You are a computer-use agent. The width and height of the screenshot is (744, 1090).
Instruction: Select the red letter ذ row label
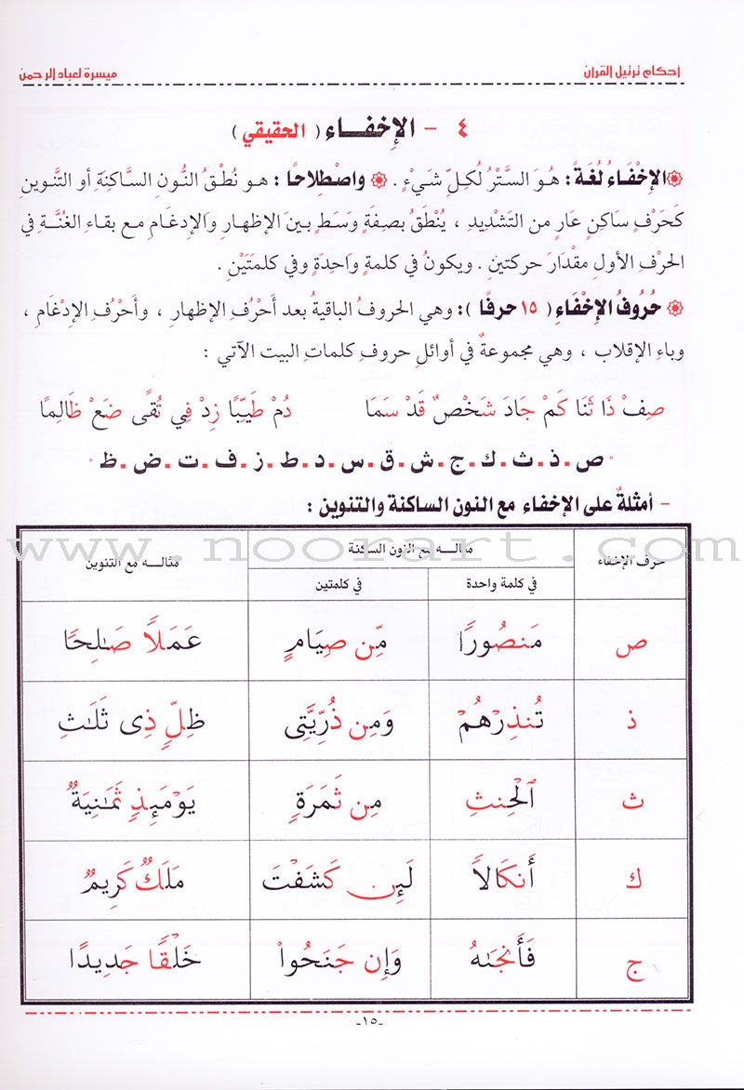[x=631, y=722]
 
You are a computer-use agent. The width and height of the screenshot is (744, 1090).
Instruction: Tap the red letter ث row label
[x=631, y=801]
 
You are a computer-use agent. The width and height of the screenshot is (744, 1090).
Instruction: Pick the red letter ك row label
[x=631, y=881]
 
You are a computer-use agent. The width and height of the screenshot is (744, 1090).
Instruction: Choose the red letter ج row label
[x=631, y=961]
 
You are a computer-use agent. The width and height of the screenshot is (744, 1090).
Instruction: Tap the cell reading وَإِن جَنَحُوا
[x=338, y=961]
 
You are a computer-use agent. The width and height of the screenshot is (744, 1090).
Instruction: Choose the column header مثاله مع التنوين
[x=135, y=563]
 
